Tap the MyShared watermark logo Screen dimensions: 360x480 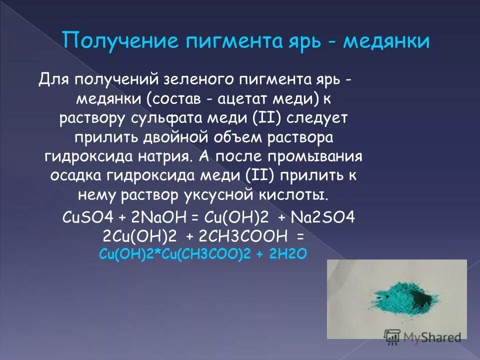coord(422,336)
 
